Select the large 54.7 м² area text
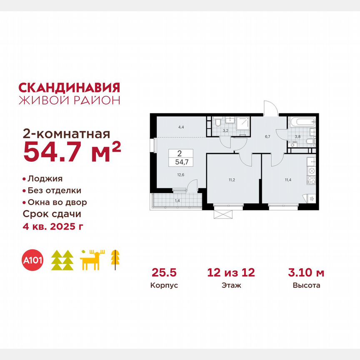tap(72, 152)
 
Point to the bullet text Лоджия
tap(45, 179)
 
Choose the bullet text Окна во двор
tap(57, 202)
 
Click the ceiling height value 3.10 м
tap(306, 273)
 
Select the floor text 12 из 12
tap(231, 273)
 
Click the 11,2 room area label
tap(232, 180)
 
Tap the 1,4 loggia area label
tap(177, 201)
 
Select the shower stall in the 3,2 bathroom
tap(243, 123)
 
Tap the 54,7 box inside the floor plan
tap(180, 161)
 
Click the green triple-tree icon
tap(62, 261)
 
